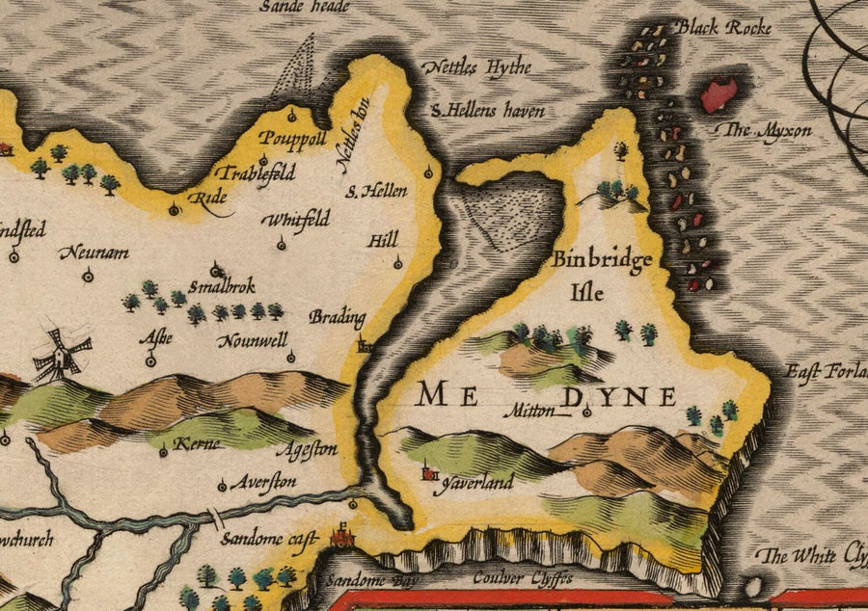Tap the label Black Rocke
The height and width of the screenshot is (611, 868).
723,28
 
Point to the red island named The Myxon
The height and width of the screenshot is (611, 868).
719,94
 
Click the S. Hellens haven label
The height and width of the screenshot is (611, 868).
487,111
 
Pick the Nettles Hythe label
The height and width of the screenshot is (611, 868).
476,69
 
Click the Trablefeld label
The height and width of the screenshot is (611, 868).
255,174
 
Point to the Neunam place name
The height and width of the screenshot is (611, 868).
94,252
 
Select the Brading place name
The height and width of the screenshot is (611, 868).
338,316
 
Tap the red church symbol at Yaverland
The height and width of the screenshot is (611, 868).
429,473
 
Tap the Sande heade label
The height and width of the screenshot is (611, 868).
305,7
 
